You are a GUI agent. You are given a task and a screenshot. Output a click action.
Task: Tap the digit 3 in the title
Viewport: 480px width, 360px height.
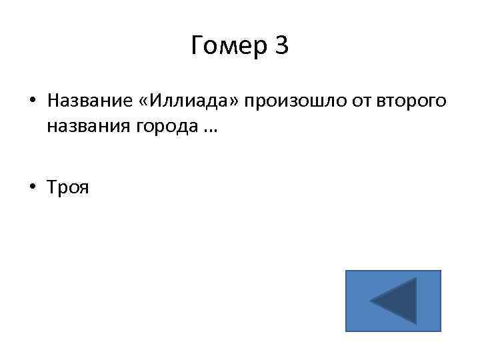[x=281, y=47]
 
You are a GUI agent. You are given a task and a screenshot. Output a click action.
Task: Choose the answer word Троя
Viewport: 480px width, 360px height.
[x=67, y=188]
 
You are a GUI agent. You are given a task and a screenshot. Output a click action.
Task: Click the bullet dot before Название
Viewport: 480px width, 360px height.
[x=31, y=102]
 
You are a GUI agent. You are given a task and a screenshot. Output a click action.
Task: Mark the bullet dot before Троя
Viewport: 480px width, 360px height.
[x=31, y=189]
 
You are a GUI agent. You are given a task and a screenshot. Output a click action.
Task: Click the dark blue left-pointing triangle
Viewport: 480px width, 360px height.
[x=397, y=301]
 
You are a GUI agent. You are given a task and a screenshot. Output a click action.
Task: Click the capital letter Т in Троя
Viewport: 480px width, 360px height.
[x=52, y=188]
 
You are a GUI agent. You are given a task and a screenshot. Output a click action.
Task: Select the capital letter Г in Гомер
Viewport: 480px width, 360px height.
[x=197, y=47]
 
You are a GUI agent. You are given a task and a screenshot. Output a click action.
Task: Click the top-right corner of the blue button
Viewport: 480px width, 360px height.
[x=440, y=271]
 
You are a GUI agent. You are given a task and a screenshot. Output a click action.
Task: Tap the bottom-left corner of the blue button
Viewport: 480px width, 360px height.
[x=347, y=331]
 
